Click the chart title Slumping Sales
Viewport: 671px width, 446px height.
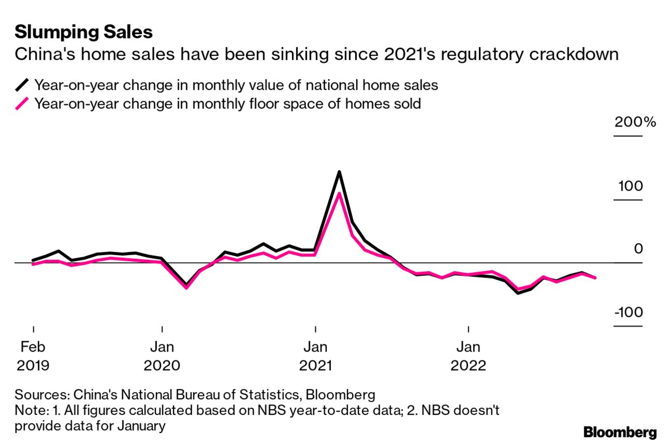click(x=84, y=32)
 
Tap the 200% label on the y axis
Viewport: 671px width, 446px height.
click(x=635, y=123)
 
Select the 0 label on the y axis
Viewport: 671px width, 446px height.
click(x=638, y=249)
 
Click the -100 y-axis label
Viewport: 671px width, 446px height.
click(x=628, y=313)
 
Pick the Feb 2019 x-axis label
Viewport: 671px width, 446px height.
click(x=33, y=356)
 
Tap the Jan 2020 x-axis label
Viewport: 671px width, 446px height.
click(x=162, y=356)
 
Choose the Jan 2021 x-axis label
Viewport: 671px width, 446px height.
click(x=315, y=356)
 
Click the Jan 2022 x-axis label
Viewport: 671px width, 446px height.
click(x=468, y=356)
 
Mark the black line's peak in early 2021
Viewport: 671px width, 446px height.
click(x=339, y=172)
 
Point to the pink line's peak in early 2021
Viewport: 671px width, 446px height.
click(x=339, y=194)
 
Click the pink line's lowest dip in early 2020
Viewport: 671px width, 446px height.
click(x=186, y=287)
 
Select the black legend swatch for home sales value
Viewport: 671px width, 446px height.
click(x=22, y=85)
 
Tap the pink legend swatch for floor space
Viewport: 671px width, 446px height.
click(x=22, y=104)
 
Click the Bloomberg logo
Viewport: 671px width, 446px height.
click(x=620, y=432)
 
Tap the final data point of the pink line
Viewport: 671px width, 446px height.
click(x=595, y=278)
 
